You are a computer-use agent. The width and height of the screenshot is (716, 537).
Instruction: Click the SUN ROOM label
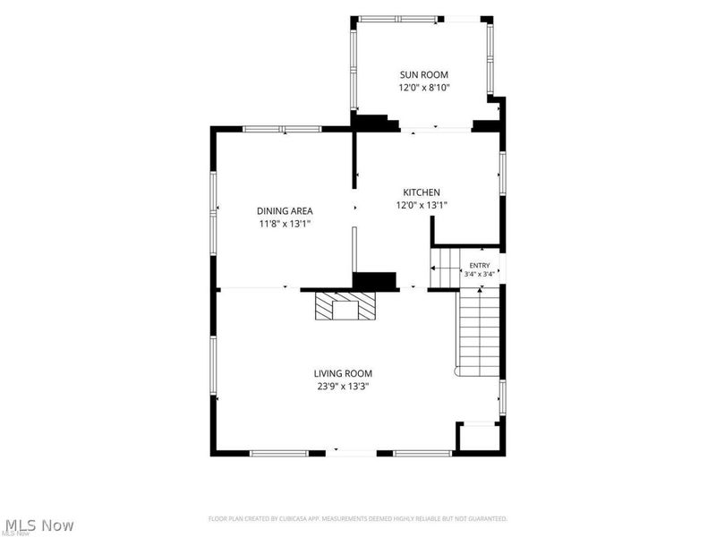pyautogui.click(x=423, y=74)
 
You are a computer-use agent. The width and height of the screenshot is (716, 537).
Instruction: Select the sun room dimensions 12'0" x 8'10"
pyautogui.click(x=424, y=88)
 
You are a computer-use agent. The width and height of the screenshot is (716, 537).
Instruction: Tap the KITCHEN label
pyautogui.click(x=421, y=192)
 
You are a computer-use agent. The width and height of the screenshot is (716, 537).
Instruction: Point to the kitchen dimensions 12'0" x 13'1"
pyautogui.click(x=422, y=206)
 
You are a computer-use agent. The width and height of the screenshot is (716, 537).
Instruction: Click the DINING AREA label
pyautogui.click(x=285, y=211)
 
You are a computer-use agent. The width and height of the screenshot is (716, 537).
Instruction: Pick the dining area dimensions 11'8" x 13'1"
pyautogui.click(x=285, y=224)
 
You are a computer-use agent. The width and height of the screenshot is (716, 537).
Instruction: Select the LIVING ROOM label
pyautogui.click(x=343, y=373)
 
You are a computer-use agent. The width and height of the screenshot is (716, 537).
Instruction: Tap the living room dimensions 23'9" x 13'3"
pyautogui.click(x=344, y=387)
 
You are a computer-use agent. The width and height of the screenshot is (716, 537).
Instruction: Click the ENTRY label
pyautogui.click(x=480, y=265)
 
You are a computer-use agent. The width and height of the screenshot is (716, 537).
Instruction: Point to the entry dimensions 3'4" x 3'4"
pyautogui.click(x=480, y=275)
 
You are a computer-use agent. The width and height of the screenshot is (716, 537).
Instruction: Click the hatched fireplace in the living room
pyautogui.click(x=345, y=306)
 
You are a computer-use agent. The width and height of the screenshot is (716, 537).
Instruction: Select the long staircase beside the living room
pyautogui.click(x=478, y=334)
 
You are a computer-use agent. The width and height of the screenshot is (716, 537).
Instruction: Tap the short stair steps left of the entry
pyautogui.click(x=445, y=267)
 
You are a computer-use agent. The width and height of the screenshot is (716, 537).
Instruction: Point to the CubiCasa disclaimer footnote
pyautogui.click(x=358, y=519)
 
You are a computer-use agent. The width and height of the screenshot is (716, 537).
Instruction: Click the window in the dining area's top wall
pyautogui.click(x=282, y=129)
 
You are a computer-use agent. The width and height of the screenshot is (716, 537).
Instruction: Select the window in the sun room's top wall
pyautogui.click(x=397, y=19)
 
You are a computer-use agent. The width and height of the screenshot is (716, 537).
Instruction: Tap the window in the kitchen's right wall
pyautogui.click(x=502, y=174)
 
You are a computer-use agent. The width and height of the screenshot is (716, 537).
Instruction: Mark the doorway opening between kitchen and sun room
pyautogui.click(x=436, y=130)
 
